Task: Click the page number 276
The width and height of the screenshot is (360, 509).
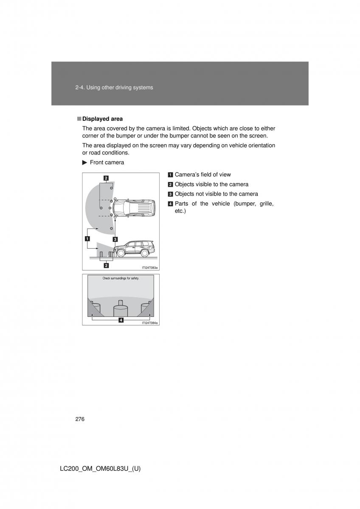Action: [x=80, y=419]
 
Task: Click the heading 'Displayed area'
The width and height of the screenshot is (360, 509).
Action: [x=102, y=119]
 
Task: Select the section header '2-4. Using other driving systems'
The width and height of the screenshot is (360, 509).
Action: [x=114, y=87]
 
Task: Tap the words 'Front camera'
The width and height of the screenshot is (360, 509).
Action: [x=107, y=162]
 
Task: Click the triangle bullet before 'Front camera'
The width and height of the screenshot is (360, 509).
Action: [x=84, y=162]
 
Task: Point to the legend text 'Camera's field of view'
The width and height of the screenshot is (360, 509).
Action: [x=202, y=174]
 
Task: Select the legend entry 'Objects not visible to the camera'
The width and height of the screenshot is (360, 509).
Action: [x=216, y=194]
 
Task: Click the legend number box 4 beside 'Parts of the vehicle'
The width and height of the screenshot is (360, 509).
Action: [x=170, y=204]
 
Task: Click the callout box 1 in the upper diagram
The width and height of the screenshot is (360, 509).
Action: [x=87, y=238]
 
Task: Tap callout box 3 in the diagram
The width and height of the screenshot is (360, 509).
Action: [x=115, y=239]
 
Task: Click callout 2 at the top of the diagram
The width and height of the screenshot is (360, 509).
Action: [x=105, y=178]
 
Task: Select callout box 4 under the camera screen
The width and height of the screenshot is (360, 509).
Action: [x=121, y=320]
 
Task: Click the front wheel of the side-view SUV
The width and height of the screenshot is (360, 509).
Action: [x=121, y=253]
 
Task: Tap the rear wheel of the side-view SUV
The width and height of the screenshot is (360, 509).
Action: [x=145, y=253]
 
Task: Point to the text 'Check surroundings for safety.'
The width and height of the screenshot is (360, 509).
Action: [x=121, y=279]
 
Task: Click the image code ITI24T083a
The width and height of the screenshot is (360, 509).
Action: [x=150, y=267]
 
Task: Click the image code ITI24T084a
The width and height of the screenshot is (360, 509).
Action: [x=150, y=323]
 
